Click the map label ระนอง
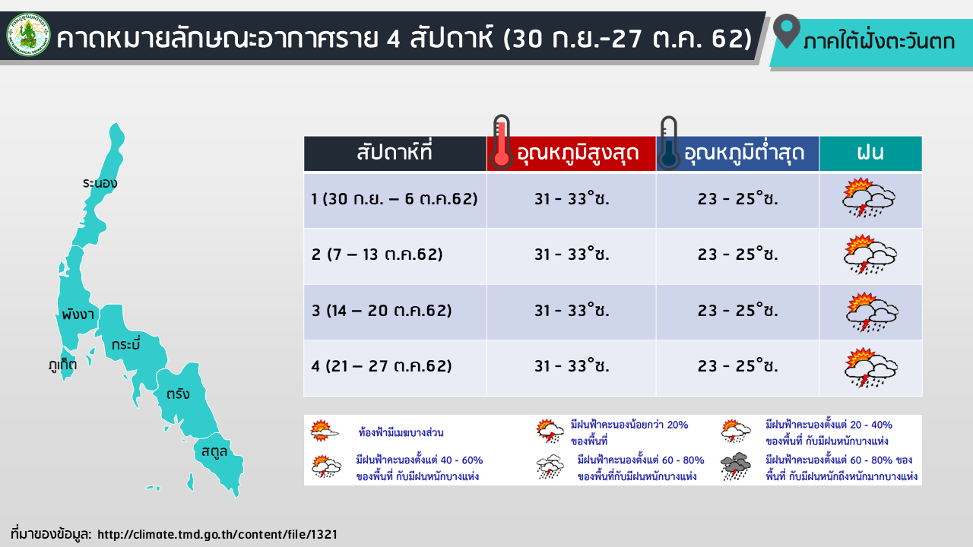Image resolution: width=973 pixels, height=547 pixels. [100, 183]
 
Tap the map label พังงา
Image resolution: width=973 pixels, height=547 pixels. [78, 315]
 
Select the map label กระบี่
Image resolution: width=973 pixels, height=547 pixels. [126, 344]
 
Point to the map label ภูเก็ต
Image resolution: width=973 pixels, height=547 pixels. [62, 365]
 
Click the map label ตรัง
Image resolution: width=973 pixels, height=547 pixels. [178, 394]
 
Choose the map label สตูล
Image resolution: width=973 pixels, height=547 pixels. [214, 451]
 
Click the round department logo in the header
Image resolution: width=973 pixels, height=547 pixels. [28, 35]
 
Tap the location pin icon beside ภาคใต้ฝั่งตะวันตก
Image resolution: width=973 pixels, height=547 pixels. [786, 30]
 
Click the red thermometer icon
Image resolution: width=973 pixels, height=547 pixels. [501, 142]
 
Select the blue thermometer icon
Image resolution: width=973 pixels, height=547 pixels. [668, 142]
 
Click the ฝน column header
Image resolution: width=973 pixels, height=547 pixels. [870, 153]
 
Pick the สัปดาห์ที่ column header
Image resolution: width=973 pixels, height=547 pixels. [395, 153]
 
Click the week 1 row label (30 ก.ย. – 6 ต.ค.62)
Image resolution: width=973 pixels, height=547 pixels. [395, 199]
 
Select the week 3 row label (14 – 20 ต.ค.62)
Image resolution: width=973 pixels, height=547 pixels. [382, 311]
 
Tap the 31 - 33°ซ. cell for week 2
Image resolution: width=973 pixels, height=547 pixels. [572, 254]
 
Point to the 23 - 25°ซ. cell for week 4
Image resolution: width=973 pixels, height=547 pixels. [737, 366]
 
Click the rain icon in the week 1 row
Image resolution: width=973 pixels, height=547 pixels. [868, 198]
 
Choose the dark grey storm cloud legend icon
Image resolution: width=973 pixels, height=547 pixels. [735, 466]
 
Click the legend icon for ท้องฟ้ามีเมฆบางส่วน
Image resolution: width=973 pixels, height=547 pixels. [324, 431]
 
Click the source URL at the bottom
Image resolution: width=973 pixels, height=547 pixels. [217, 534]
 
